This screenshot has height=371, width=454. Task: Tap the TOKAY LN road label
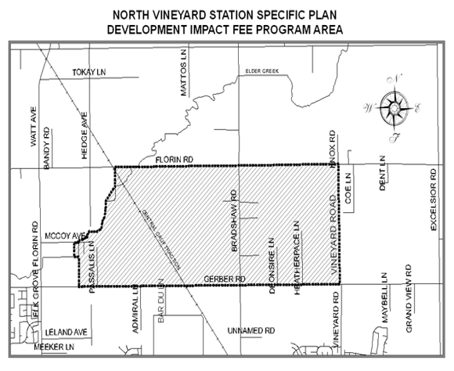pyautogui.click(x=88, y=72)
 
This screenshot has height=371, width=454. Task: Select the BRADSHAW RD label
pyautogui.click(x=233, y=224)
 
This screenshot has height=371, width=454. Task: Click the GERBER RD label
pyautogui.click(x=225, y=279)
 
